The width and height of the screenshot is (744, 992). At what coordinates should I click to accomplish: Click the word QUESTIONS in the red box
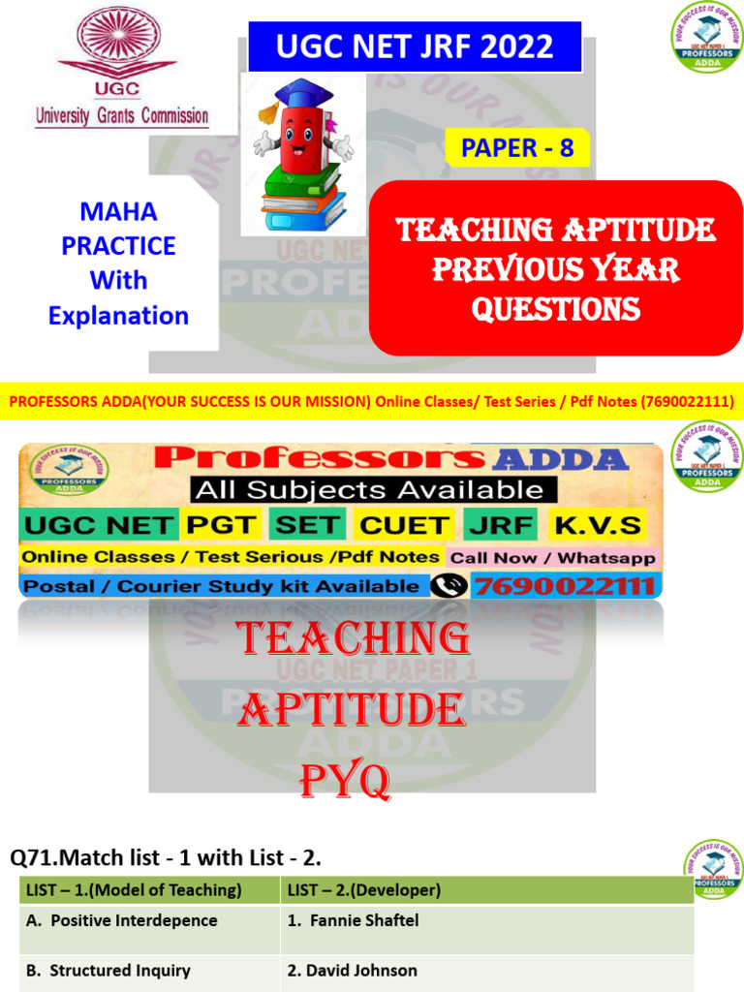click(x=556, y=309)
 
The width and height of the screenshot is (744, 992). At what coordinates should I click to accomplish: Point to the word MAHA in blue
click(x=118, y=211)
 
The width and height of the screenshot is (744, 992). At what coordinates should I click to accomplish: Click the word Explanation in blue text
click(x=118, y=316)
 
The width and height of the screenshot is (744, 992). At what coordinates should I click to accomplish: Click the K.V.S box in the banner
click(x=597, y=525)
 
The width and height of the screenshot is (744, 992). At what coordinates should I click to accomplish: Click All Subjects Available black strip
click(x=369, y=489)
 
